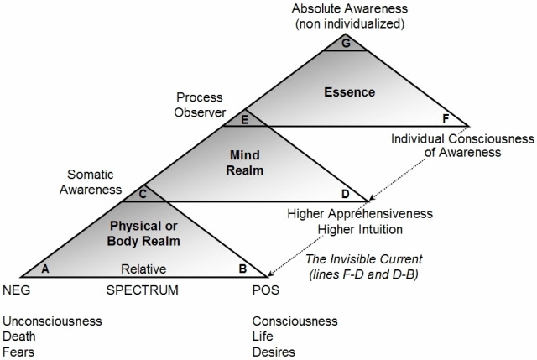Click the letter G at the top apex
(x=346, y=44)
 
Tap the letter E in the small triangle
(x=244, y=120)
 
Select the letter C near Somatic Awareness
(x=143, y=194)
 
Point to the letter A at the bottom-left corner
(x=45, y=269)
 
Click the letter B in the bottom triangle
(x=242, y=269)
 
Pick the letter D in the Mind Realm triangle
(x=345, y=194)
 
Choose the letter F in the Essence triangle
(x=446, y=118)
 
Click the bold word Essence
(x=350, y=91)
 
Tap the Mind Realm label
(x=245, y=163)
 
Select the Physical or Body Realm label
(x=143, y=233)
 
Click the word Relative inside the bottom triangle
(x=143, y=269)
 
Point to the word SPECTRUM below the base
(x=143, y=290)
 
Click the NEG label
(x=17, y=290)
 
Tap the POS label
(x=266, y=290)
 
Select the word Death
(x=19, y=337)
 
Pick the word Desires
(x=274, y=352)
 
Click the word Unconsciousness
(x=52, y=321)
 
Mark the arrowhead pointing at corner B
(x=270, y=274)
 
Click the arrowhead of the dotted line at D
(x=373, y=197)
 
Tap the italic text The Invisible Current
(x=364, y=259)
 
